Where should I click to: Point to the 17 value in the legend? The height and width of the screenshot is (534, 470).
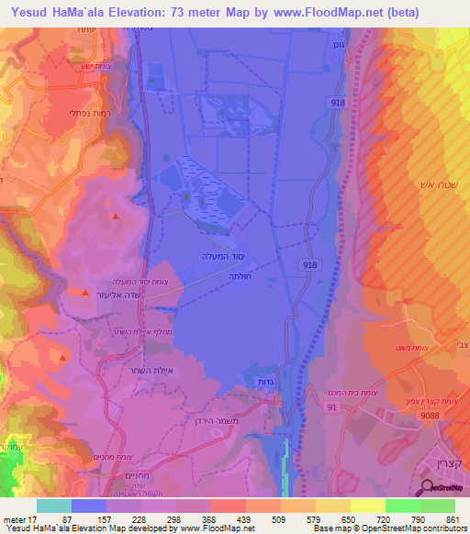click(x=33, y=519)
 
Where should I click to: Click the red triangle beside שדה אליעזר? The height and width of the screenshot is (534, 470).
click(x=85, y=293)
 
